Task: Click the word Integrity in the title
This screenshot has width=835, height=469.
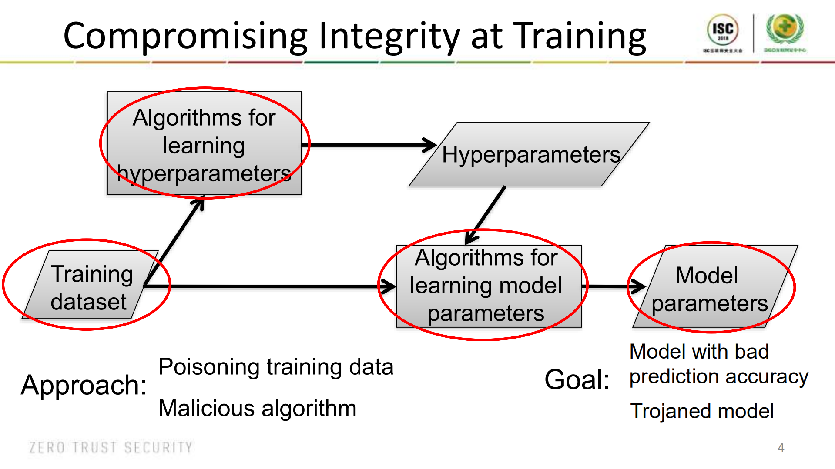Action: pos(389,37)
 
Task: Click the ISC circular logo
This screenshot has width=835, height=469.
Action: pos(723,30)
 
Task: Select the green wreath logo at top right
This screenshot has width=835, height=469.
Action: pos(785,29)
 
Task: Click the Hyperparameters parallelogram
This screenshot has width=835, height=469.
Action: pos(530,155)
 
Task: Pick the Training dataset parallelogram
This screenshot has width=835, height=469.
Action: pos(91,287)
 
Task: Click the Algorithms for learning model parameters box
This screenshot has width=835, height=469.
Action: pos(486,286)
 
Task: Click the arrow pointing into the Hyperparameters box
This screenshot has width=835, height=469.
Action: pos(370,145)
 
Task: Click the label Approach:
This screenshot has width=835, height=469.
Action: pos(84,385)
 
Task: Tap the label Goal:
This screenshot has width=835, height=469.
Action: pos(577,379)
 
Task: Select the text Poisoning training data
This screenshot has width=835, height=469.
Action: pos(276,367)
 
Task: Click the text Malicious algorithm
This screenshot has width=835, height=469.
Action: pos(257,409)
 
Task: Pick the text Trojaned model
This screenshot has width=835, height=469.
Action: pos(702,411)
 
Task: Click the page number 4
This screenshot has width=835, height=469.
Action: pos(781,448)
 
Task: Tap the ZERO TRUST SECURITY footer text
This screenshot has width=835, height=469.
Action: pos(111,447)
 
